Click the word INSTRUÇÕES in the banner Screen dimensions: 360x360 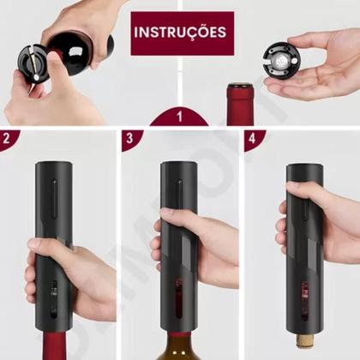(179, 33)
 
